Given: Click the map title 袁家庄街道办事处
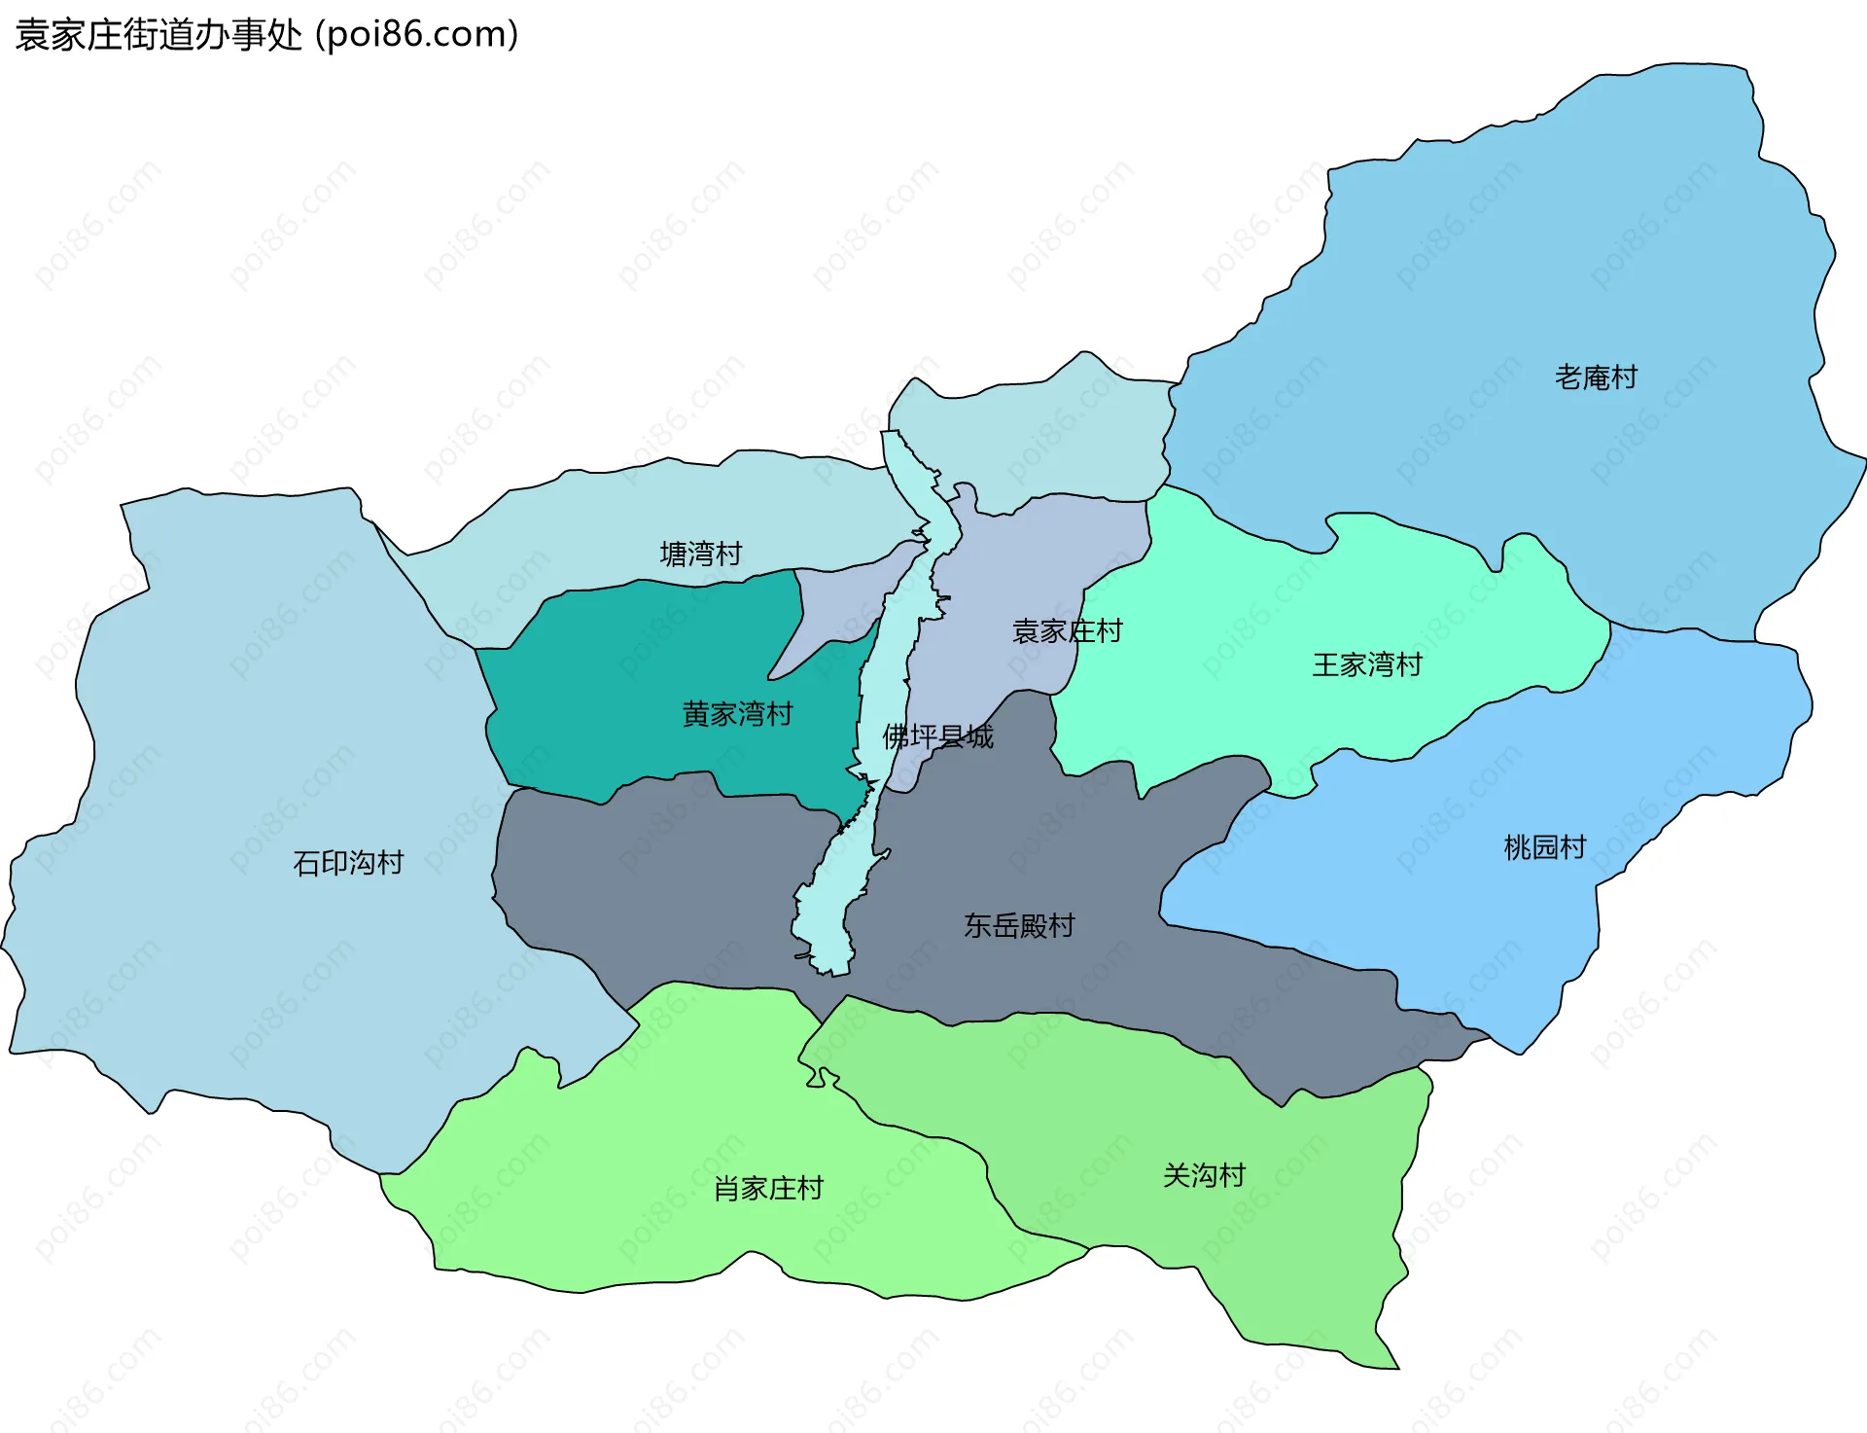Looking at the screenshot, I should point(159,35).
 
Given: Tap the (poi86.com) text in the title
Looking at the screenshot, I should point(416,35).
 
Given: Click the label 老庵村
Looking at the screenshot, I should point(1596,376).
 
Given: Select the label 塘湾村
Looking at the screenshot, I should point(700,554).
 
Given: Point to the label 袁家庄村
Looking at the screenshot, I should point(1067,630).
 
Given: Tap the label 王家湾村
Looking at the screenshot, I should point(1367,664).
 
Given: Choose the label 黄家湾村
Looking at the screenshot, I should point(737,713).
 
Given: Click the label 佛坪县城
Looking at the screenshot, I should point(937,736).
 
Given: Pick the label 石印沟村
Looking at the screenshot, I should point(348,862).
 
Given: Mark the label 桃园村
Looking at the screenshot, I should point(1544,846).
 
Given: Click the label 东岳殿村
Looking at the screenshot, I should point(1019,925).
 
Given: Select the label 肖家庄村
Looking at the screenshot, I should point(768,1188).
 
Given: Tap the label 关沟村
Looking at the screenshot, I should point(1204,1175).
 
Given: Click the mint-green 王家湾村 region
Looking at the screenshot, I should point(1264,603).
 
